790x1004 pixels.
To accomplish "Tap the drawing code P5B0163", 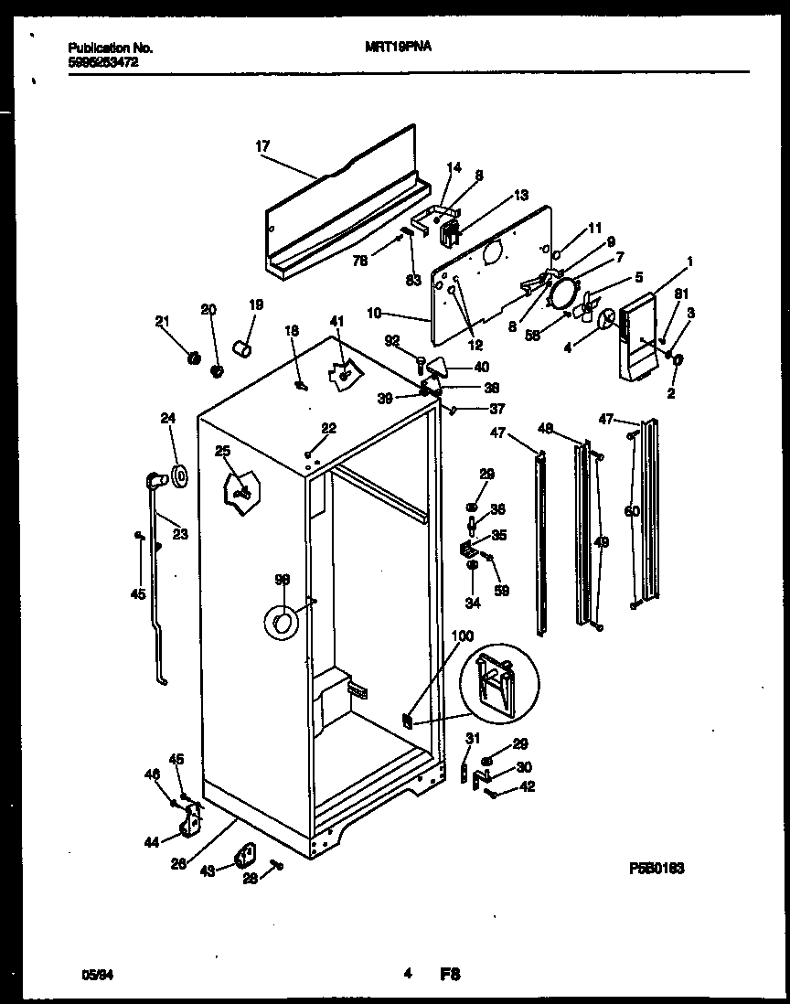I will (657, 867).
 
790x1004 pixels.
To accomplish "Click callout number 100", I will (464, 635).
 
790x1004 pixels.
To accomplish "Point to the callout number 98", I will (282, 579).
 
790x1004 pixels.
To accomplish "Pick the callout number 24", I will (167, 420).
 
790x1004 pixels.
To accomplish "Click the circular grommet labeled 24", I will (179, 474).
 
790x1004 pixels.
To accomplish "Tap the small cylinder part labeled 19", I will (243, 349).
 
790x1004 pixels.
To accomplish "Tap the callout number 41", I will (337, 321).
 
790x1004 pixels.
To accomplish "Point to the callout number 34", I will (473, 603).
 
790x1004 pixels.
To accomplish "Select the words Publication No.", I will (110, 48).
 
